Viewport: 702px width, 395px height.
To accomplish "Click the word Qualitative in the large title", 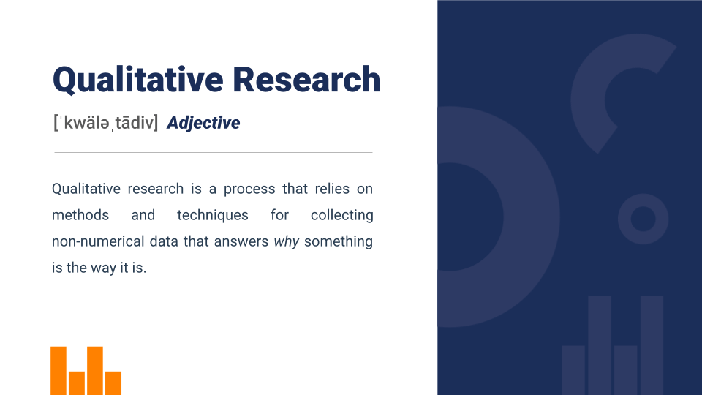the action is click(x=138, y=80).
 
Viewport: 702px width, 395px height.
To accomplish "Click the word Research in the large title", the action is click(x=306, y=80).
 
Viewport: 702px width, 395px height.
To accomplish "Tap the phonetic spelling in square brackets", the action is click(x=105, y=123).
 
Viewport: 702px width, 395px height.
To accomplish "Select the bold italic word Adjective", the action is click(x=203, y=123).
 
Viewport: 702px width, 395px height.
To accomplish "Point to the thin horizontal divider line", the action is click(x=214, y=152).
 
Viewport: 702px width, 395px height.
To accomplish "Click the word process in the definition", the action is click(x=249, y=189).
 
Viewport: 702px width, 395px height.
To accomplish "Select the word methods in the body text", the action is click(x=80, y=215).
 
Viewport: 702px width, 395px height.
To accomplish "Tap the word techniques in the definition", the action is click(x=213, y=216).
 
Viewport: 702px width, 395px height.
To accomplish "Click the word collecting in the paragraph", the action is click(x=342, y=216).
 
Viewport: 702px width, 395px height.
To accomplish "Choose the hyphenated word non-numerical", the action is click(x=98, y=241).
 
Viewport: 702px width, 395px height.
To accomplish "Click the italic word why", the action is click(x=287, y=242).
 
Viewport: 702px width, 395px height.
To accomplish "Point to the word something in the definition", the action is click(x=339, y=242).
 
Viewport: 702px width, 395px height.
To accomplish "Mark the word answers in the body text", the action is click(x=241, y=242).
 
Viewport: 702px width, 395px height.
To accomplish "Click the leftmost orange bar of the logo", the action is click(x=58, y=371).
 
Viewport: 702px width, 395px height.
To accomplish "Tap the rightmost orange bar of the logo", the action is click(x=113, y=383).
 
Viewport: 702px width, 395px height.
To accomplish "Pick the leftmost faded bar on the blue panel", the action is click(x=573, y=370).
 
